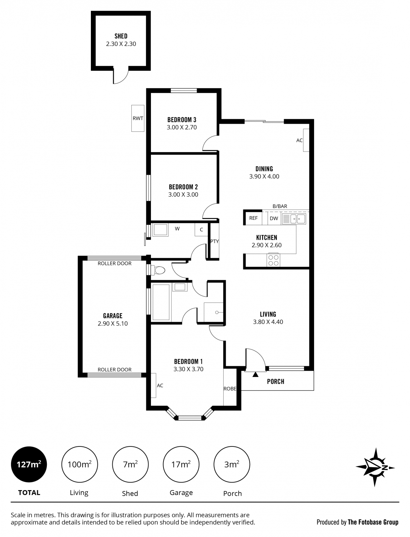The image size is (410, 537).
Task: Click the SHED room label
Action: [121, 36]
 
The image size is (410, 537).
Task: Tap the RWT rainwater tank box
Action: [138, 118]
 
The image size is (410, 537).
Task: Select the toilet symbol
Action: [159, 270]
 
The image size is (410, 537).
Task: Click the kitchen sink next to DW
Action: [294, 219]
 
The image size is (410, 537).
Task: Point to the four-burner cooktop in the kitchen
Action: [273, 260]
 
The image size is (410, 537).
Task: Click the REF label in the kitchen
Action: [253, 218]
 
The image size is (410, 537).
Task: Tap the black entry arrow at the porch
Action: [255, 374]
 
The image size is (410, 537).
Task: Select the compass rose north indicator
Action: [375, 468]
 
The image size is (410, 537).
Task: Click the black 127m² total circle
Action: [29, 464]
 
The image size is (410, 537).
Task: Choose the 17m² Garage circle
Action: [181, 464]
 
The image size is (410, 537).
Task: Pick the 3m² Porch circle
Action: [232, 464]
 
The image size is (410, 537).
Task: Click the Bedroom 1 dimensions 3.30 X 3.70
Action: [188, 369]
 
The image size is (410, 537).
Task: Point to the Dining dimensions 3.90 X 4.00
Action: [264, 176]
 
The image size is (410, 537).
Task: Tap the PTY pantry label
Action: [214, 241]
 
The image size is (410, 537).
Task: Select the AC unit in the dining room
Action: [306, 140]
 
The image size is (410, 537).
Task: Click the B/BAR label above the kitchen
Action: [280, 206]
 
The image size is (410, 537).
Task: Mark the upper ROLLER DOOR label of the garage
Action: [114, 263]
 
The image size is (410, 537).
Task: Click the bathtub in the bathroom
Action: [161, 302]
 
